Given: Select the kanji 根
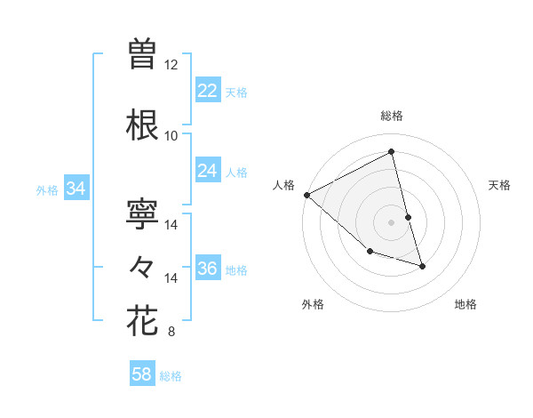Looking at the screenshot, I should click(x=142, y=125).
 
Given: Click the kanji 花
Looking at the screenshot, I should click(x=142, y=321).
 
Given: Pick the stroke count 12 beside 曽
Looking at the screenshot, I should click(x=171, y=65).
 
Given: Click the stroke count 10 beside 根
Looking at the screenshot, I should click(x=171, y=136).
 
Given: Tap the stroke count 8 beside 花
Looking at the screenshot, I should click(x=171, y=333).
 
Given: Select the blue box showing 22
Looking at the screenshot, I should click(x=208, y=91).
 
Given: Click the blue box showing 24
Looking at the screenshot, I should click(x=208, y=171).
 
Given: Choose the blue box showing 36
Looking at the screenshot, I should click(x=208, y=269).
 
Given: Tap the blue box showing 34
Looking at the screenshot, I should click(x=76, y=189).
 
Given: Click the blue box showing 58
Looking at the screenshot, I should click(x=142, y=374).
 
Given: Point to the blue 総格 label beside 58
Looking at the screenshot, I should click(x=171, y=376).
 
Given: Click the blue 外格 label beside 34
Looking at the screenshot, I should click(x=47, y=189).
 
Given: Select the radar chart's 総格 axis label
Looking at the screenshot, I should click(x=392, y=116).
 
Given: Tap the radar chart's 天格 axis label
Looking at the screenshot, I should click(x=500, y=185).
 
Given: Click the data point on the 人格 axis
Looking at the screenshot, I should click(x=306, y=194).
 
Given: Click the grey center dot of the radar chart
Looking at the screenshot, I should click(x=391, y=221).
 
